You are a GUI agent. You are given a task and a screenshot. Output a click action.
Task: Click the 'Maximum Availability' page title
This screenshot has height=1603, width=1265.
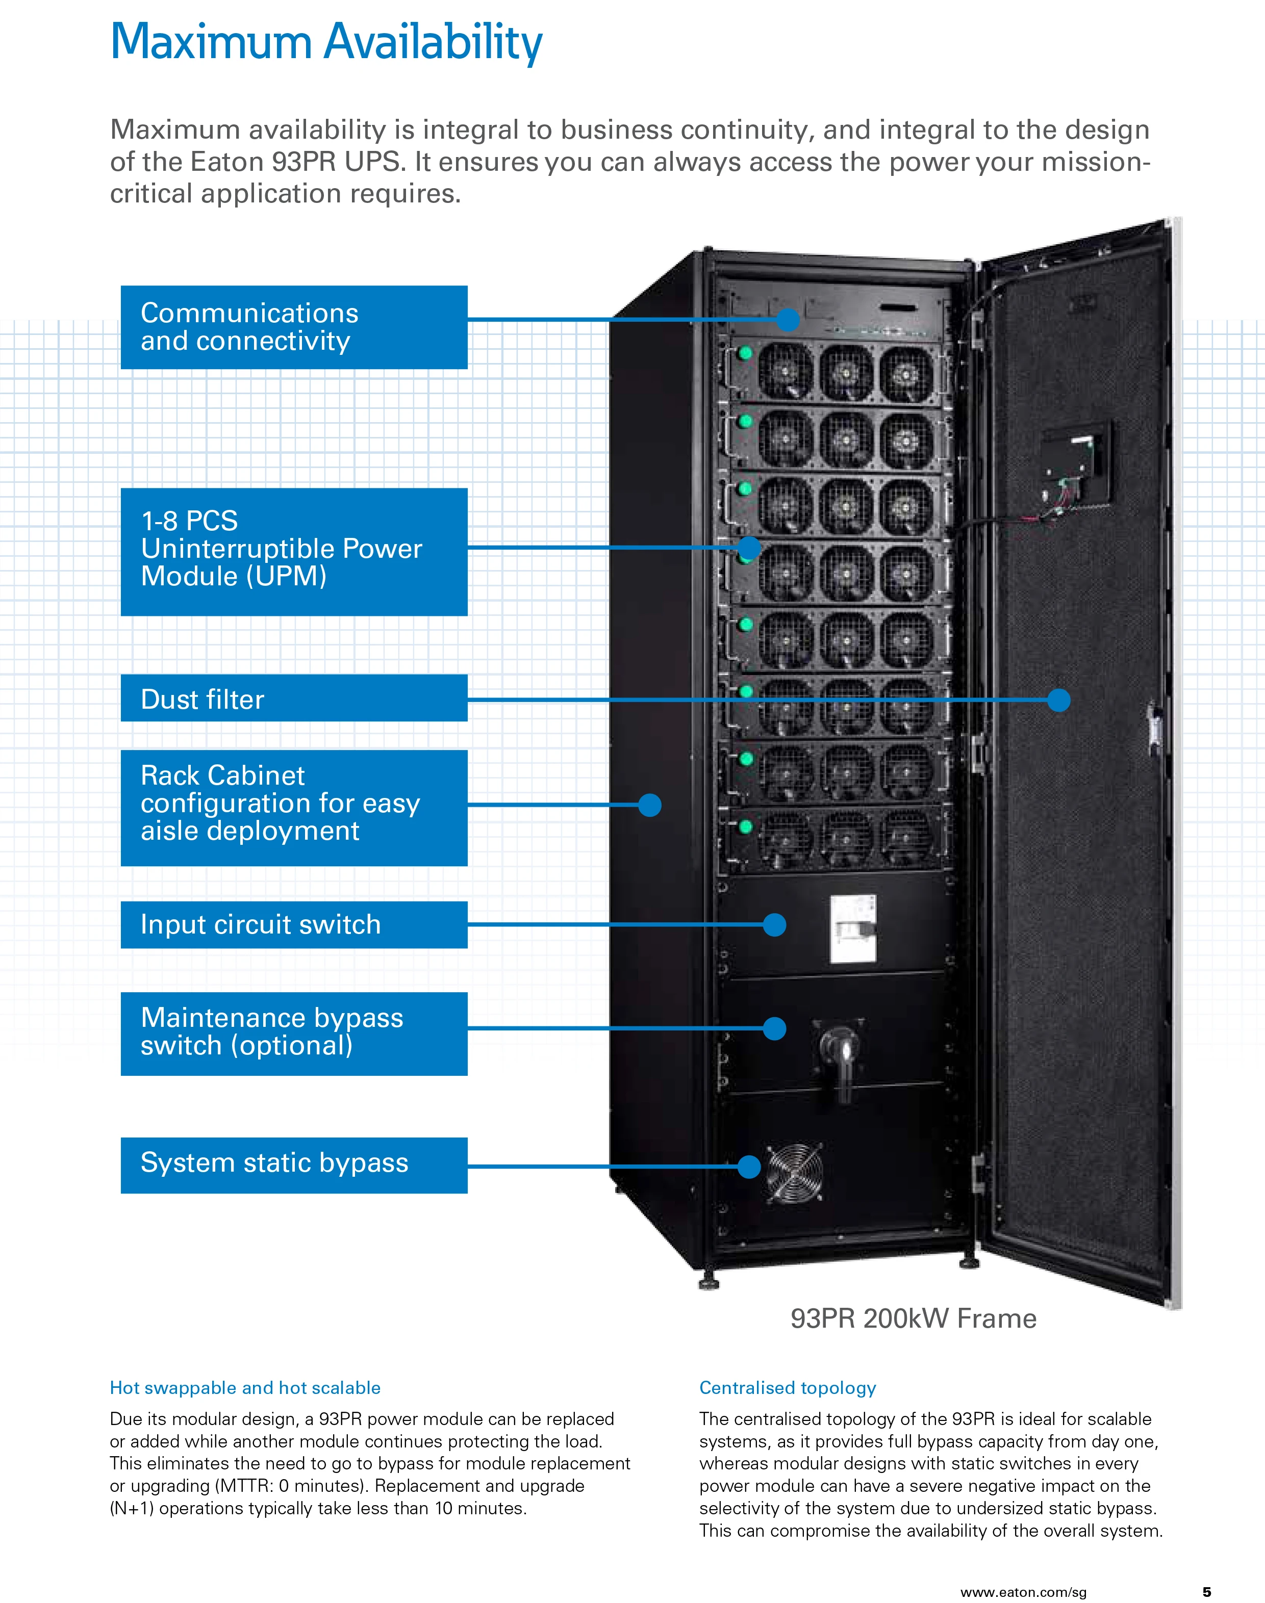[326, 42]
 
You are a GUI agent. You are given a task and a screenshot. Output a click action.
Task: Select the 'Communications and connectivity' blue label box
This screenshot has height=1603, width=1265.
[294, 327]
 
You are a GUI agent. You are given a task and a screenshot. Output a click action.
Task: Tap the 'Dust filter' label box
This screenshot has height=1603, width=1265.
[294, 698]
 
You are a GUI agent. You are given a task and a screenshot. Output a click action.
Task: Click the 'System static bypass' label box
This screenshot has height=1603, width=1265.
[294, 1165]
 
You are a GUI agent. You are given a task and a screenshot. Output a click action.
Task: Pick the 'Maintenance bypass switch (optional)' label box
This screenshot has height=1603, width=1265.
[294, 1033]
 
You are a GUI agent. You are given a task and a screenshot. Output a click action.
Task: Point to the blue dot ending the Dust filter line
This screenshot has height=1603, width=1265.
[1058, 700]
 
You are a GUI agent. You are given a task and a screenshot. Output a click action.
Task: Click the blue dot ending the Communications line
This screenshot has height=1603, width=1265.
[788, 320]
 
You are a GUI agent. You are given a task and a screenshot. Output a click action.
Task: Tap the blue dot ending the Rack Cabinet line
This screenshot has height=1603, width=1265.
[649, 805]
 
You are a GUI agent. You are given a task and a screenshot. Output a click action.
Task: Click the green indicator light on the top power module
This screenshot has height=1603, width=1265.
[745, 353]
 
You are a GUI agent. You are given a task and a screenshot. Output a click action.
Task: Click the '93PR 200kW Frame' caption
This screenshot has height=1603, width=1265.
[913, 1318]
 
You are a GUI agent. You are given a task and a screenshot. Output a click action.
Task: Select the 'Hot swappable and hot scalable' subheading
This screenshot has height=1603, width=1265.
[245, 1387]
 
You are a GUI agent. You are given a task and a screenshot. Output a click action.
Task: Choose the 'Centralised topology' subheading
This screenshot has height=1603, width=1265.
[787, 1387]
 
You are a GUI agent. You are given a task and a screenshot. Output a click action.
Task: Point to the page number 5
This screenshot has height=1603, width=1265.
[1206, 1592]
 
